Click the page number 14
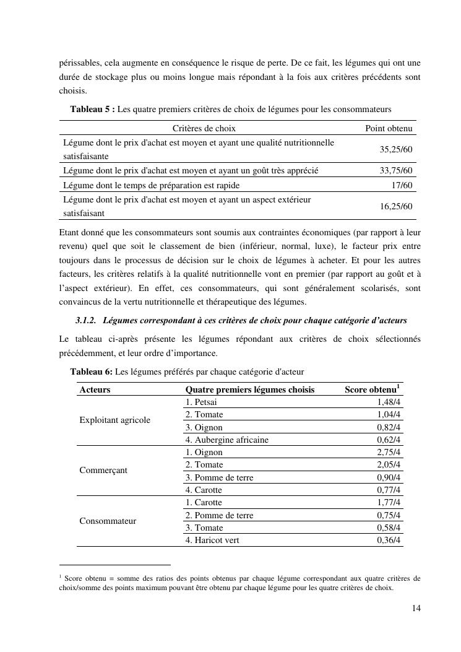[416, 609]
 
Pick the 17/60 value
[402, 185]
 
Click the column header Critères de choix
[204, 129]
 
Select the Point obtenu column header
[389, 129]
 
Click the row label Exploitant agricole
[114, 420]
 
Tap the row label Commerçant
[103, 471]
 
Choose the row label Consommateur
[108, 521]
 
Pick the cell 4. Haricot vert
[212, 541]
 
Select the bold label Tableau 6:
[92, 372]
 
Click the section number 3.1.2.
[85, 321]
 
